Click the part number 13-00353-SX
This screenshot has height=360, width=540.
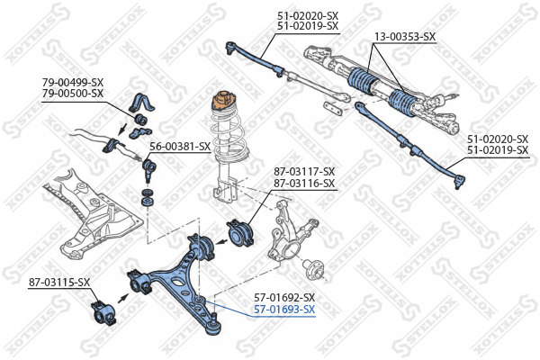coord(404,37)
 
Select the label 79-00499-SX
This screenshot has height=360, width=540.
coord(73,83)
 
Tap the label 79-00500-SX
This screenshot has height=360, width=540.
coord(73,93)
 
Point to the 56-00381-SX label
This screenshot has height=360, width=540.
coord(180,146)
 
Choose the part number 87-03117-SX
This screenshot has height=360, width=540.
coord(304,172)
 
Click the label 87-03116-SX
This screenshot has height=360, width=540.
coord(304,183)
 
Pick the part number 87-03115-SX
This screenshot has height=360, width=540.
coord(60,283)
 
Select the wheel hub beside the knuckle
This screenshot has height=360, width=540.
coord(314,266)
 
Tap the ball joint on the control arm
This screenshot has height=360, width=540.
coord(212,319)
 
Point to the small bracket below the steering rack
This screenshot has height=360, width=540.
coord(333,109)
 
